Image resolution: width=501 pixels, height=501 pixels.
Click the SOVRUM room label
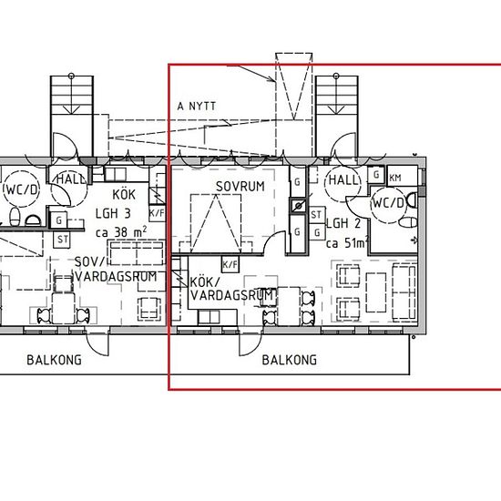coord(240,187)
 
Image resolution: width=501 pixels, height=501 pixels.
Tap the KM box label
coord(395,178)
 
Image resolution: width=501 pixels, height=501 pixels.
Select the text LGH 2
coord(343,223)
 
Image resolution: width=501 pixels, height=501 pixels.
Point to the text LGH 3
coord(113,213)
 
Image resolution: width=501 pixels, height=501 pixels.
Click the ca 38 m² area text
coord(121,231)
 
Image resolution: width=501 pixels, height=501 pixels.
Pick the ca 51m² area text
coord(346,243)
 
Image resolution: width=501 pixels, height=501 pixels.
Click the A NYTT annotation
coord(197,106)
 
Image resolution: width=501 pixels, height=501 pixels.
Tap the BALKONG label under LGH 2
coord(290,360)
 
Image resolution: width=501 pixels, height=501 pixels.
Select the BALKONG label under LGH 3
coord(54,360)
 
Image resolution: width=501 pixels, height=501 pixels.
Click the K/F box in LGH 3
coord(157,213)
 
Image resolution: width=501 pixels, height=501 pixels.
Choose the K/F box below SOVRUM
coord(230,264)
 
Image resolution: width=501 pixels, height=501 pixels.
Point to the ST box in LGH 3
coord(62,240)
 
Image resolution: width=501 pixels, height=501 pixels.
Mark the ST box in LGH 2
coord(316,214)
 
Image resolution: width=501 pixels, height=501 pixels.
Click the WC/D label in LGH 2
coord(389,203)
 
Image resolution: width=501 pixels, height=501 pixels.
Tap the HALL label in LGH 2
coord(343,179)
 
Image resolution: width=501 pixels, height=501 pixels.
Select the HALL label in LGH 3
coord(71,179)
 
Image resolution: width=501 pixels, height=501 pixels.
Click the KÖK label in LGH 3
coord(124,194)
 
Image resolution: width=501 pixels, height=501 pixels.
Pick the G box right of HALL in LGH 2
coord(376,175)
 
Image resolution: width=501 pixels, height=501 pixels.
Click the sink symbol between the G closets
coord(299,206)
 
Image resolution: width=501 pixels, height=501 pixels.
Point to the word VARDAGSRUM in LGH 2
coord(232,295)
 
